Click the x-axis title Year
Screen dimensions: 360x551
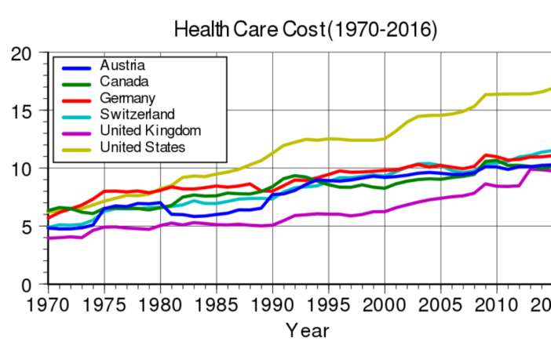307,330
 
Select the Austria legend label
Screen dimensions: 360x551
122,64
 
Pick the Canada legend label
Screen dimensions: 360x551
124,81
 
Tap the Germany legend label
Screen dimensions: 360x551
128,97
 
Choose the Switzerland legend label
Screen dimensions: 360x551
137,114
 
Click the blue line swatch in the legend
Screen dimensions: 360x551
75,65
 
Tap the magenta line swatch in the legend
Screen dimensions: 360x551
75,131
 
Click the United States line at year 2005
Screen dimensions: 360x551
440,115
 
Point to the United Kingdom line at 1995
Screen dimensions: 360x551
329,214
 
